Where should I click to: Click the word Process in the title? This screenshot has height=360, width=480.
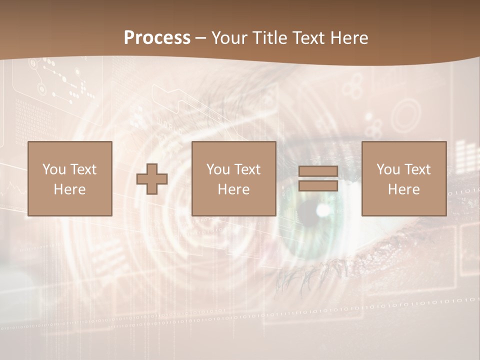coord(157,38)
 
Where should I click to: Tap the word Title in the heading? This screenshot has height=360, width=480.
coord(269,38)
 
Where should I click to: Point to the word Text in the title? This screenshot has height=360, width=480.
coord(308,38)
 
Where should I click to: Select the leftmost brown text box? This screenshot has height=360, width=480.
coord(70,178)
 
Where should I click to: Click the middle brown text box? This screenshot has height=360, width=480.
coord(234,178)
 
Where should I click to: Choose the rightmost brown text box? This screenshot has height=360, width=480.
coord(404,178)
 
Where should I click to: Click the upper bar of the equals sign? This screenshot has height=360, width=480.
coord(318,171)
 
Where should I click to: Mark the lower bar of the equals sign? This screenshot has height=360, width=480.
coord(318,185)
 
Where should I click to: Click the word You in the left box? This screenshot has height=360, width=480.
coord(52,169)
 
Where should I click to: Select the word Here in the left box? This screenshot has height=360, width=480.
coord(70,189)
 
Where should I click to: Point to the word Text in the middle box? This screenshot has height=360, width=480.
coord(247,169)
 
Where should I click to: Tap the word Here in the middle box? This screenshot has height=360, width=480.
coord(234,189)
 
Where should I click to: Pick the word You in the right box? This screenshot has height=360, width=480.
coord(386,169)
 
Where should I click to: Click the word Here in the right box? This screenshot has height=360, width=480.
coord(404,189)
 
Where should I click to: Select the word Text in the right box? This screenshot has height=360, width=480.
coord(417,169)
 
